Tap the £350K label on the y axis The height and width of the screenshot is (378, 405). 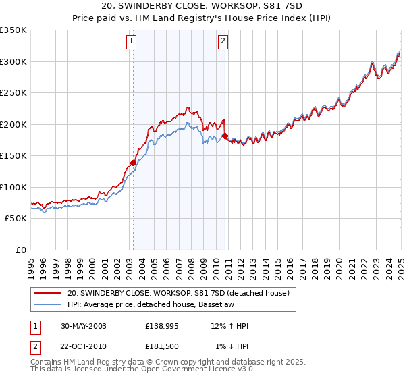click(13, 30)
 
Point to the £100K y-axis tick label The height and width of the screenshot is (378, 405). click(13, 187)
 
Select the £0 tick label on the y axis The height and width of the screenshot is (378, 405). click(21, 250)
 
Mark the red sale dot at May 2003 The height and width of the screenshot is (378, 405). click(134, 163)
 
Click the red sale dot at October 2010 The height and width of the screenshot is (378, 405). click(225, 136)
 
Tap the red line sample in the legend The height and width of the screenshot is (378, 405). click(49, 292)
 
